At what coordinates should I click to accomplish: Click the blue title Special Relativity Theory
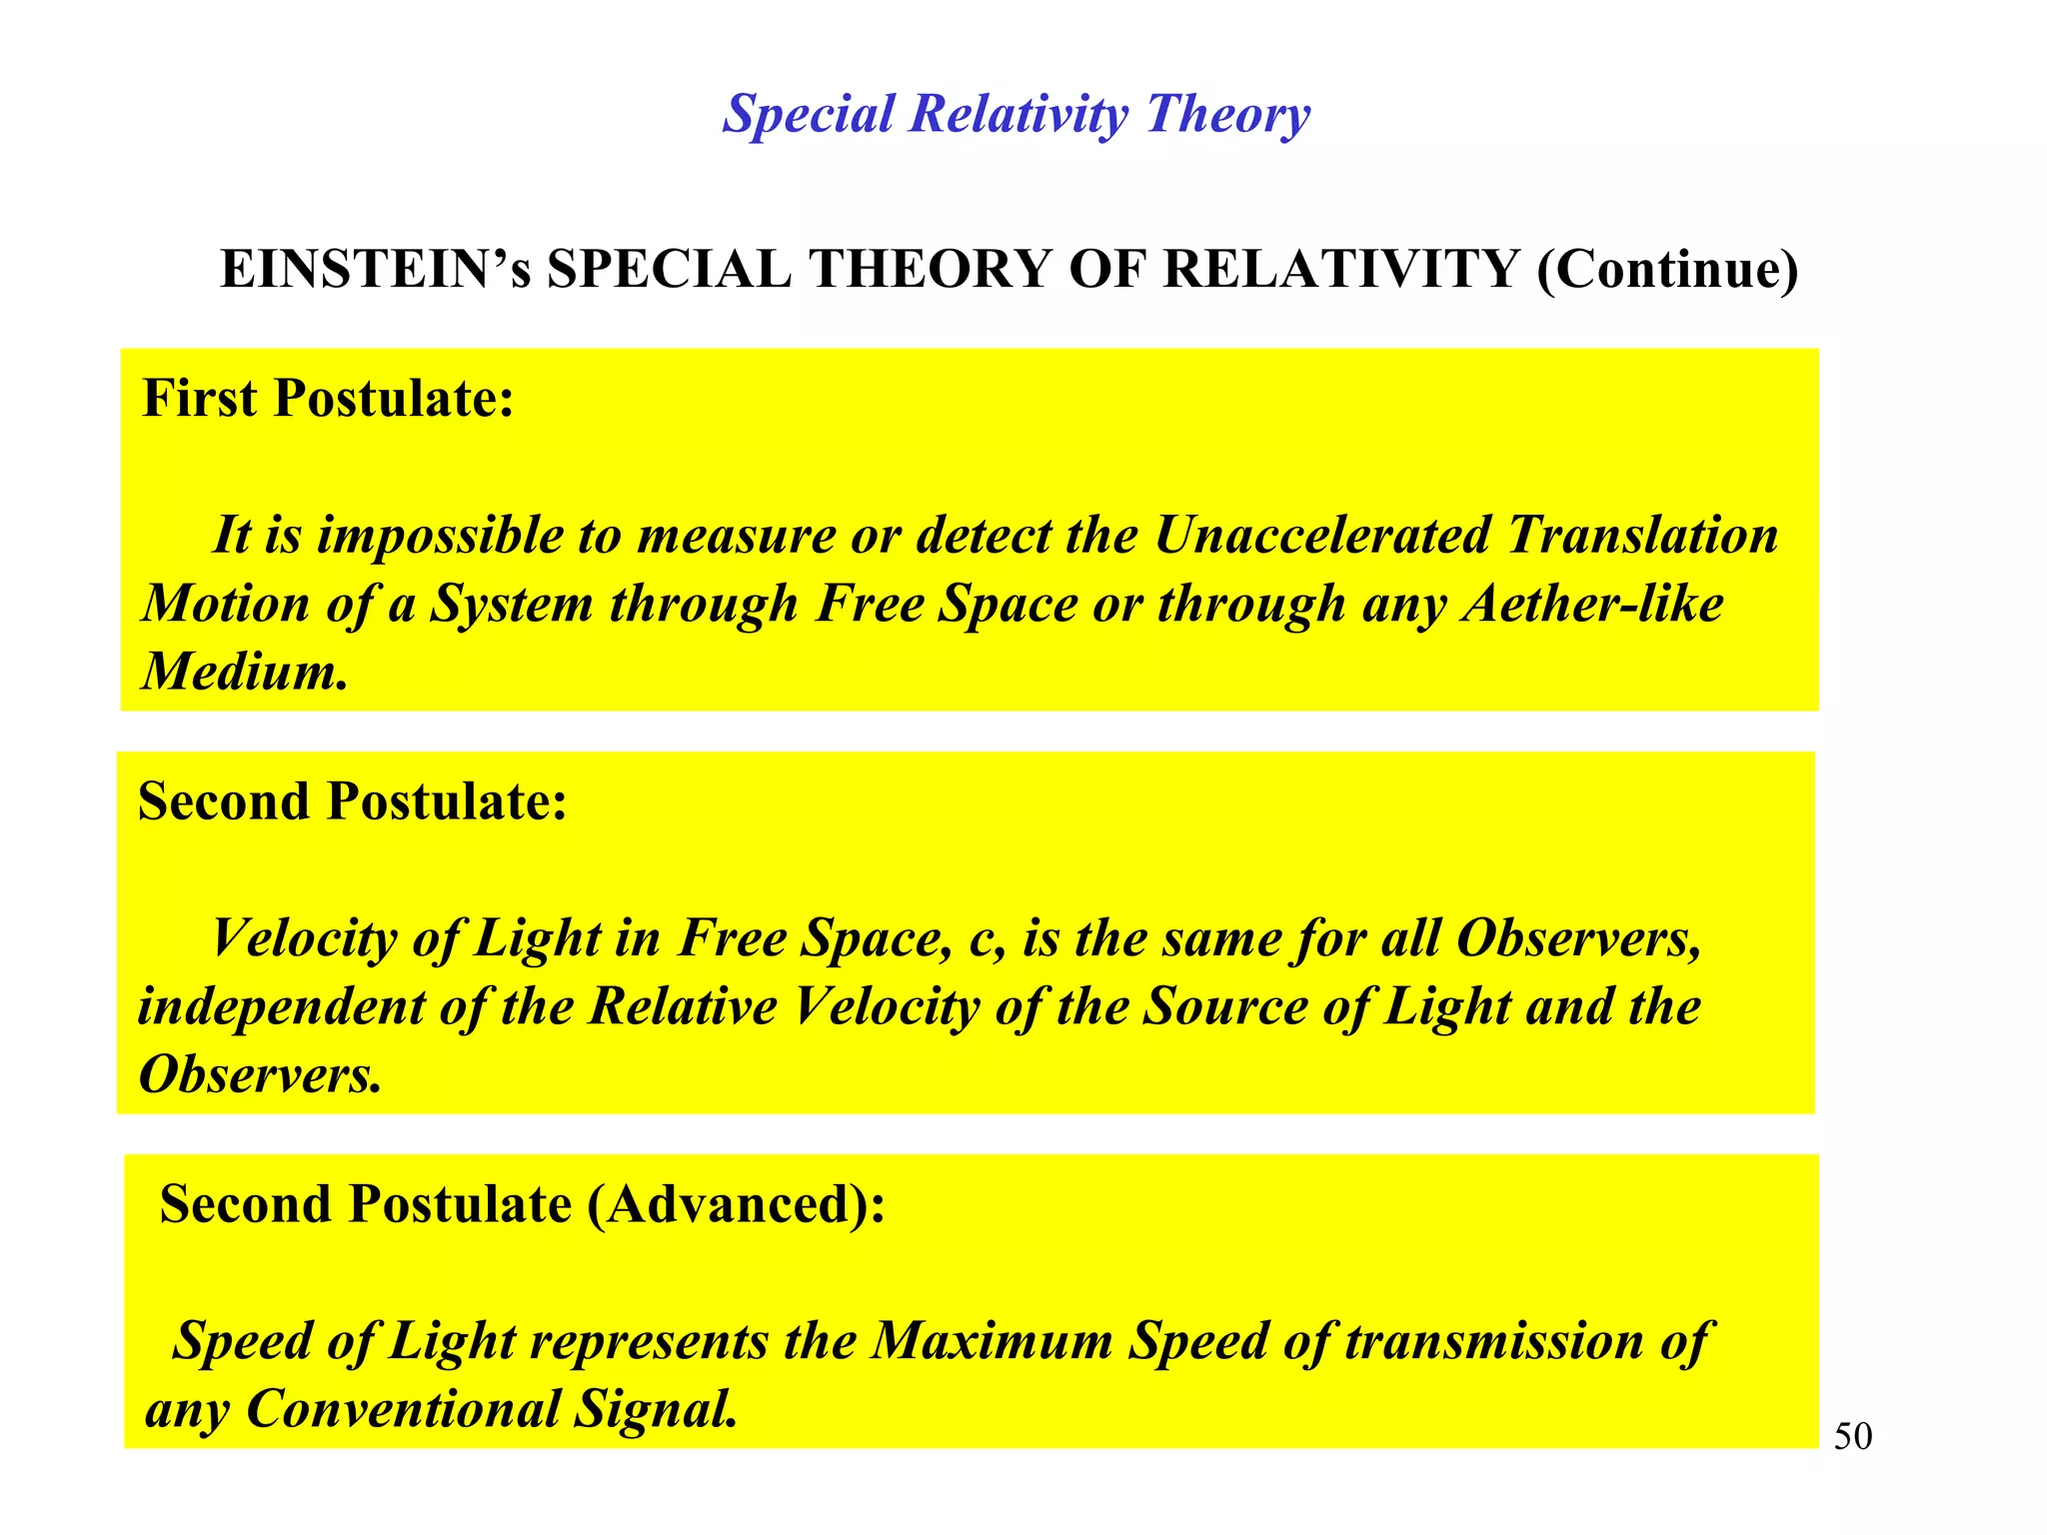point(1016,113)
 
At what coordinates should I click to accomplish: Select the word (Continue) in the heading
point(1666,270)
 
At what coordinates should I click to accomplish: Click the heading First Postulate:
point(328,399)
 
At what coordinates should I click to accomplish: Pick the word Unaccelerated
point(1321,536)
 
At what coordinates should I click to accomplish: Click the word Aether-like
point(1592,604)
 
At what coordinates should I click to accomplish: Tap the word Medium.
point(244,672)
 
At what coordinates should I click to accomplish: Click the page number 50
point(1852,1436)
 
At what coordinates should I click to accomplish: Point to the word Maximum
point(992,1341)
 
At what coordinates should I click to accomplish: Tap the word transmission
point(1493,1341)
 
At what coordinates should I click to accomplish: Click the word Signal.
point(655,1409)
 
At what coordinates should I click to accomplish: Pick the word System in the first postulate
point(511,604)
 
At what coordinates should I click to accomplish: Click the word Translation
point(1642,536)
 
